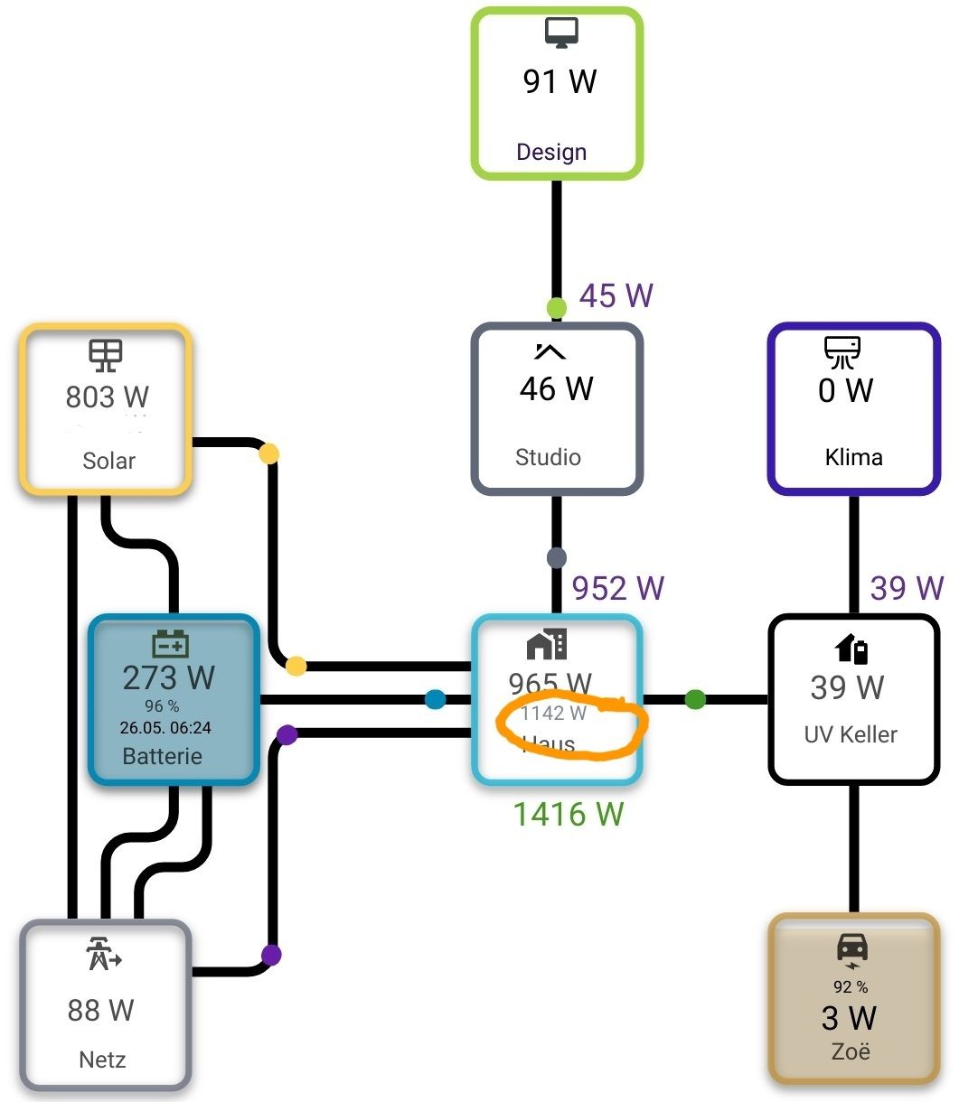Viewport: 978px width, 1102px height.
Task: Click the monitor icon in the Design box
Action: click(560, 33)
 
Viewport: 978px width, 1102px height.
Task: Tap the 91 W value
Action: click(560, 81)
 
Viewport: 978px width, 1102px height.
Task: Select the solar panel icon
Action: click(106, 355)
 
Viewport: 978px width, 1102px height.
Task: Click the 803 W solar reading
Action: click(107, 397)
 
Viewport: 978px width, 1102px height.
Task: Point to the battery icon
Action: click(170, 644)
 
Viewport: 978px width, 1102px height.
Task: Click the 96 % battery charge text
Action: click(162, 705)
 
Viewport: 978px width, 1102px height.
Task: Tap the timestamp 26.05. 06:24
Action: click(165, 727)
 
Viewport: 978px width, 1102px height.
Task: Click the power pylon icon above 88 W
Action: click(103, 954)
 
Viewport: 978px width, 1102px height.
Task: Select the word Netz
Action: click(102, 1059)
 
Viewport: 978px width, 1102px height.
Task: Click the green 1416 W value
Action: click(568, 815)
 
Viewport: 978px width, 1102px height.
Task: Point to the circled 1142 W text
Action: click(554, 714)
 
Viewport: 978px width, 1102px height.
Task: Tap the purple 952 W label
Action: click(618, 589)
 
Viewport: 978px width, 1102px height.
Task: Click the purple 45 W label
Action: click(616, 295)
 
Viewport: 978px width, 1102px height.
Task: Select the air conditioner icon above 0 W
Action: click(842, 352)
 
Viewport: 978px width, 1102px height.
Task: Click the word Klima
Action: click(853, 457)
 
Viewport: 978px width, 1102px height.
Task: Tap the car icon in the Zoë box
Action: click(852, 949)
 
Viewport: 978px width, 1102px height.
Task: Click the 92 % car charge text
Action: click(851, 987)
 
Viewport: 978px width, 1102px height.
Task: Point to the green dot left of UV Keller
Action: click(695, 699)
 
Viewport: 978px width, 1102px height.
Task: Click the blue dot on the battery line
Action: click(436, 699)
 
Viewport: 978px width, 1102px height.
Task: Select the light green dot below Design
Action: click(557, 308)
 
